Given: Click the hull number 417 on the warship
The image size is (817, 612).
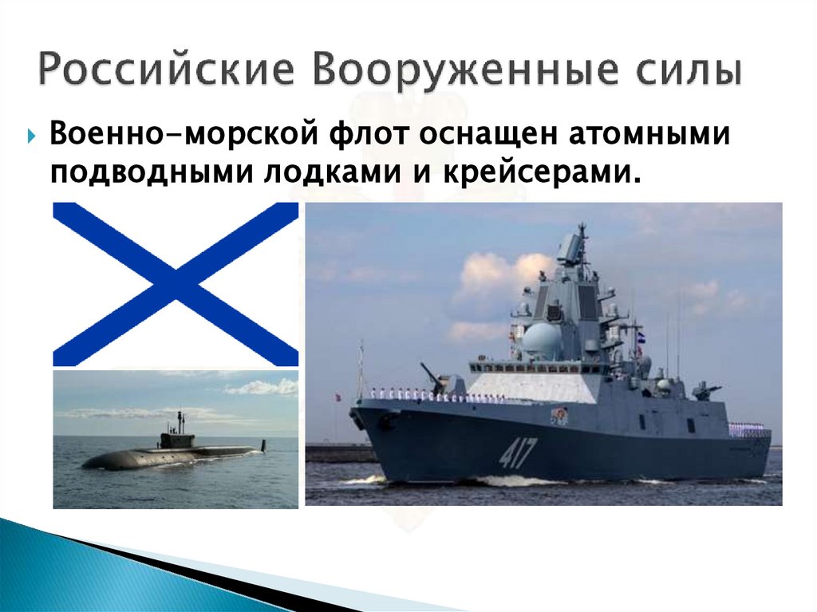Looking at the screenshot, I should pos(518,452).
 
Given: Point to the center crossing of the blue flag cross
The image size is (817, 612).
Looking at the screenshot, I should pos(176,284).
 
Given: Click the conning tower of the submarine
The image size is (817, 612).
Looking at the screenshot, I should pos(177,437).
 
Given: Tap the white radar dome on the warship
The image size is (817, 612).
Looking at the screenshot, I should pos(543,339).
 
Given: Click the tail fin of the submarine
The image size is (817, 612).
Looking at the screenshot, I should pos(264,444).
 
